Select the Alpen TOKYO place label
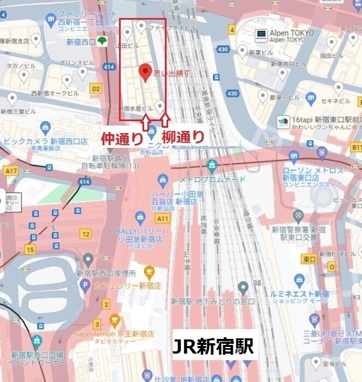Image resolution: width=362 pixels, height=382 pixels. pyautogui.click(x=292, y=36)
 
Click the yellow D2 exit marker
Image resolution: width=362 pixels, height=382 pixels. pyautogui.click(x=96, y=88)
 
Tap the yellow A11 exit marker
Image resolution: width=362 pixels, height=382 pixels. pyautogui.click(x=162, y=218)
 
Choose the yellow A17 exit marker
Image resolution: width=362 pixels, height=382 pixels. pyautogui.click(x=11, y=171)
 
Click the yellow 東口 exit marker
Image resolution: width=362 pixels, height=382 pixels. pyautogui.click(x=310, y=259)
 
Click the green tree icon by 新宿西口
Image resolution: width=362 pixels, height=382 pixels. pyautogui.click(x=102, y=41)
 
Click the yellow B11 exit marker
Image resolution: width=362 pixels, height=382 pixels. pyautogui.click(x=357, y=147)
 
